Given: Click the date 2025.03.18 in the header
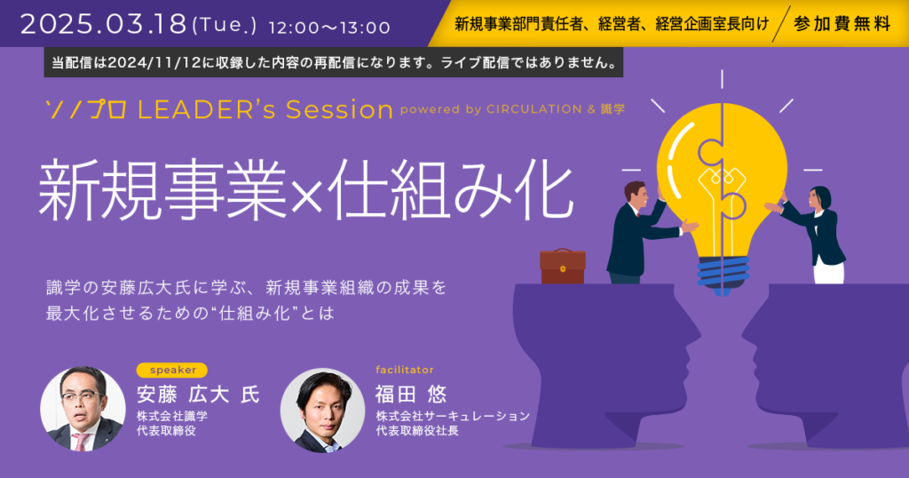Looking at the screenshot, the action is pos(103,24).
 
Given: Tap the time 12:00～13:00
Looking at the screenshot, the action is pos(329,28).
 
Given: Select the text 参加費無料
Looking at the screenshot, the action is pos(842,24).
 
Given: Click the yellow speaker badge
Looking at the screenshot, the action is pos(172,370).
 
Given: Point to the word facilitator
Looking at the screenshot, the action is pos(405,370).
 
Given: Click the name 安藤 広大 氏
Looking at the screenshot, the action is pos(198,394).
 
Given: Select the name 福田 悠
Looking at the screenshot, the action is pos(411,394).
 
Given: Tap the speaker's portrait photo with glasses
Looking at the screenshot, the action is pos(83,409).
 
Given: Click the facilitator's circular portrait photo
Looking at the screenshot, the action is pos(323,410).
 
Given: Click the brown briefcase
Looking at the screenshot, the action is pos(562,267).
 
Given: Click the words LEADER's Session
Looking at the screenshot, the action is pos(265,109).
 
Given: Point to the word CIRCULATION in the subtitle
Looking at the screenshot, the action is pos(534,109).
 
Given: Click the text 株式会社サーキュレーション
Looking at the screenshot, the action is pos(453,416).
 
